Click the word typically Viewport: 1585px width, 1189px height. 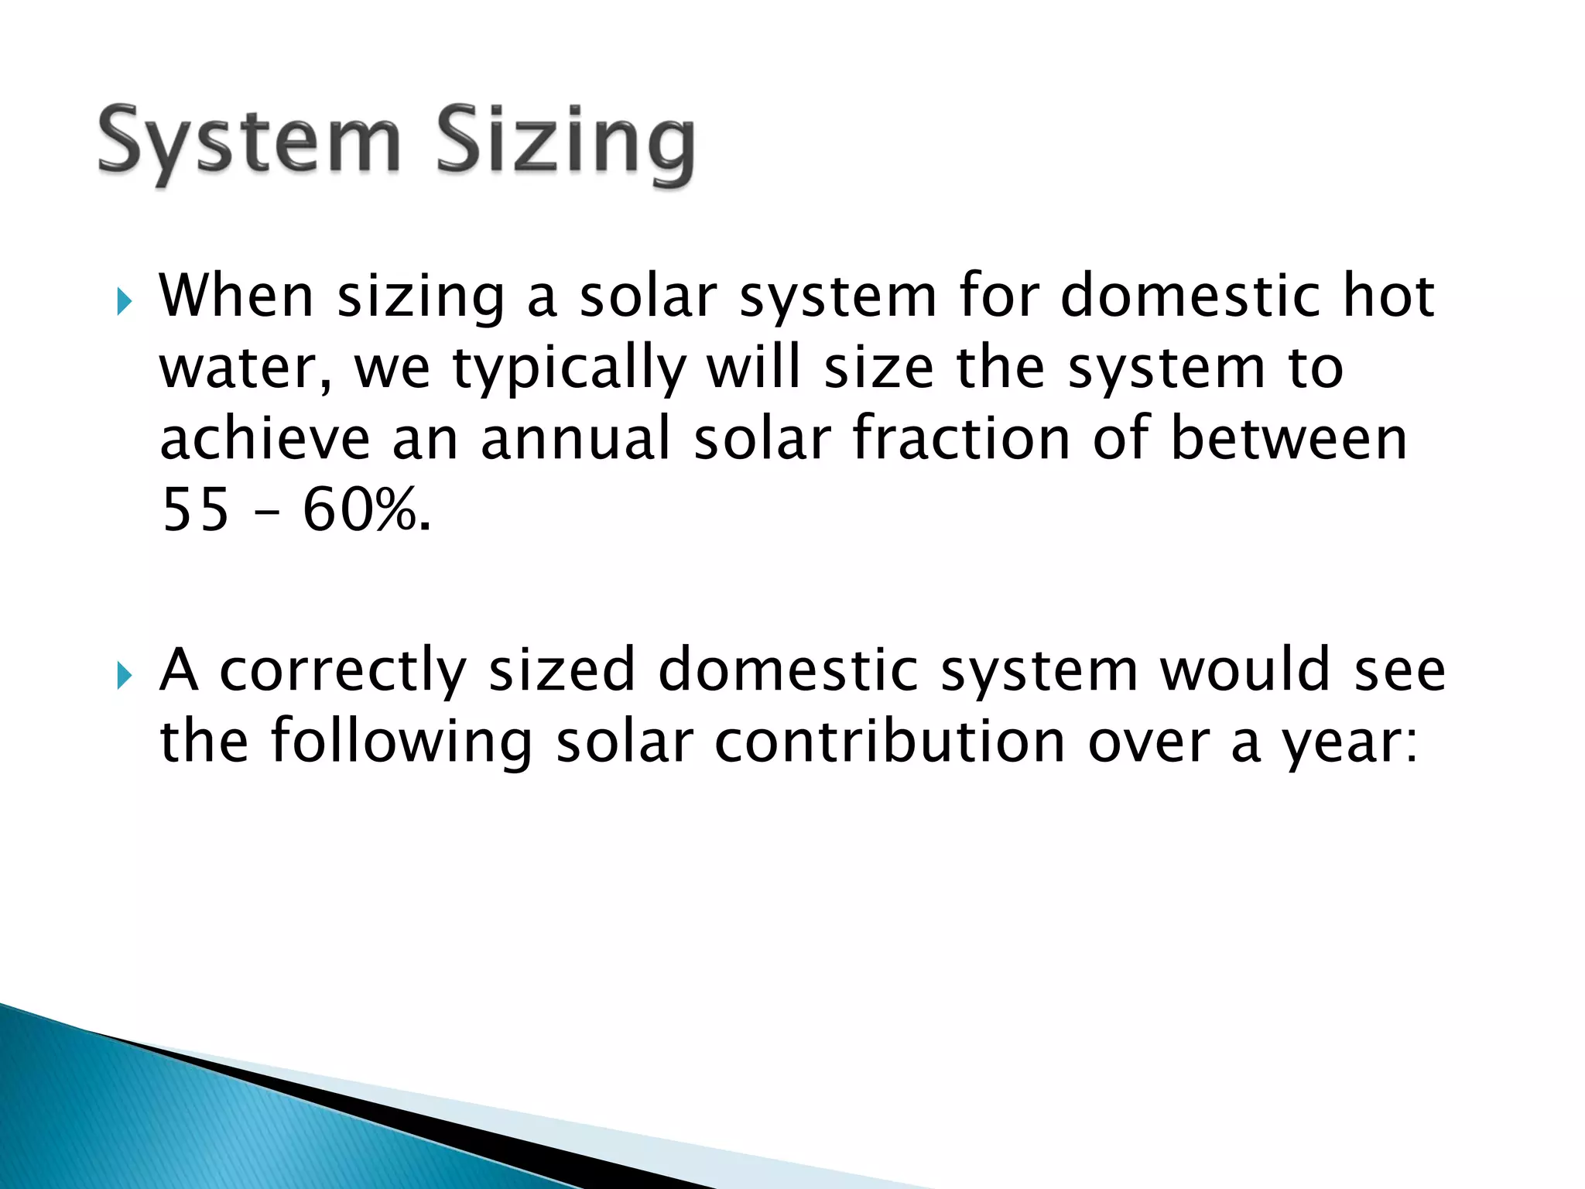point(569,370)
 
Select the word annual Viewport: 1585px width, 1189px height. point(576,439)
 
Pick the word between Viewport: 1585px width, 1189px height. point(1289,439)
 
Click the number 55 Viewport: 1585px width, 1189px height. point(196,511)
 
